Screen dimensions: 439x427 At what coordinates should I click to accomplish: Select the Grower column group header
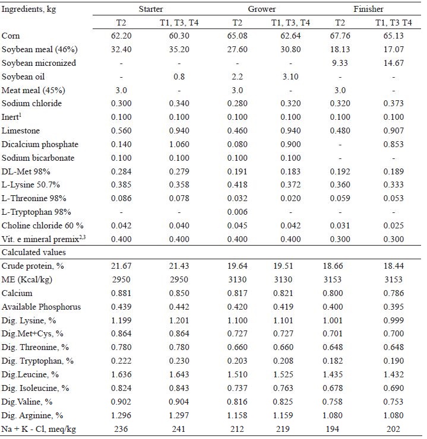tap(262, 9)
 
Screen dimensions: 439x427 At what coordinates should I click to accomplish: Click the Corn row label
tap(11, 36)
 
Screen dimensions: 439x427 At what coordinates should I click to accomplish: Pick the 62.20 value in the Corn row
tap(121, 36)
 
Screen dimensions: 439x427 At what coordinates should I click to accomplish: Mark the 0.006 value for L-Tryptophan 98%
tap(237, 212)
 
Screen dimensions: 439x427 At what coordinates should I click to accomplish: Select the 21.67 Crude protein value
tap(121, 266)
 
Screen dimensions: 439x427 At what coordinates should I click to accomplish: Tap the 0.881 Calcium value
tap(121, 293)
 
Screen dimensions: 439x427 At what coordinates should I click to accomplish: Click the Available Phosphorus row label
tap(41, 307)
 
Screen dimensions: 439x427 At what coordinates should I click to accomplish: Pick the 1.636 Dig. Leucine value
tap(121, 374)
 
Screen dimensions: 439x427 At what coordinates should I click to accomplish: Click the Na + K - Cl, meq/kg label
tap(41, 428)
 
